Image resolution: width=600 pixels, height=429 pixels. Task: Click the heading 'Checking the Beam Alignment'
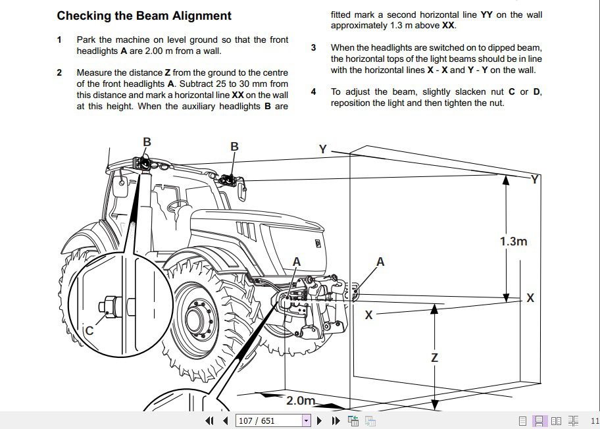(x=144, y=16)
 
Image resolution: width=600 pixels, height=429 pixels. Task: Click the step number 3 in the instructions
(x=314, y=47)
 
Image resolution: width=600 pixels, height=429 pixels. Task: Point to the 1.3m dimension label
(x=513, y=241)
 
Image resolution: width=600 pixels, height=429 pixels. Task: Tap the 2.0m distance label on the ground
(x=301, y=401)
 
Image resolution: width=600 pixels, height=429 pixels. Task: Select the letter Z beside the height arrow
(x=434, y=359)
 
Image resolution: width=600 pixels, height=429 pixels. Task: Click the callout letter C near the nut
(x=89, y=331)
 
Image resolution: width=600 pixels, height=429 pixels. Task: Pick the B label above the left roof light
(x=147, y=141)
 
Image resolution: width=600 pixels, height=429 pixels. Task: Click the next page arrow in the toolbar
(x=319, y=420)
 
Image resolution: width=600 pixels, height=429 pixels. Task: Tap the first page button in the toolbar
(x=210, y=420)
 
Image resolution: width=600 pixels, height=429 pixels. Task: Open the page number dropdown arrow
(x=306, y=420)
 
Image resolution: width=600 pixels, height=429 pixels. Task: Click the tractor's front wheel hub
(x=195, y=320)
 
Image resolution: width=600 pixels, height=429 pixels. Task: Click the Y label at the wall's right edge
(x=535, y=179)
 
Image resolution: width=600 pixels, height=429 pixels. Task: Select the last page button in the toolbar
(x=335, y=420)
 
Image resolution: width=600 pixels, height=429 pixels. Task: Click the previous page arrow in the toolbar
(x=226, y=420)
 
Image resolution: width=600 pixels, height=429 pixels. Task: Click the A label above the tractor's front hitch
(x=297, y=262)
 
